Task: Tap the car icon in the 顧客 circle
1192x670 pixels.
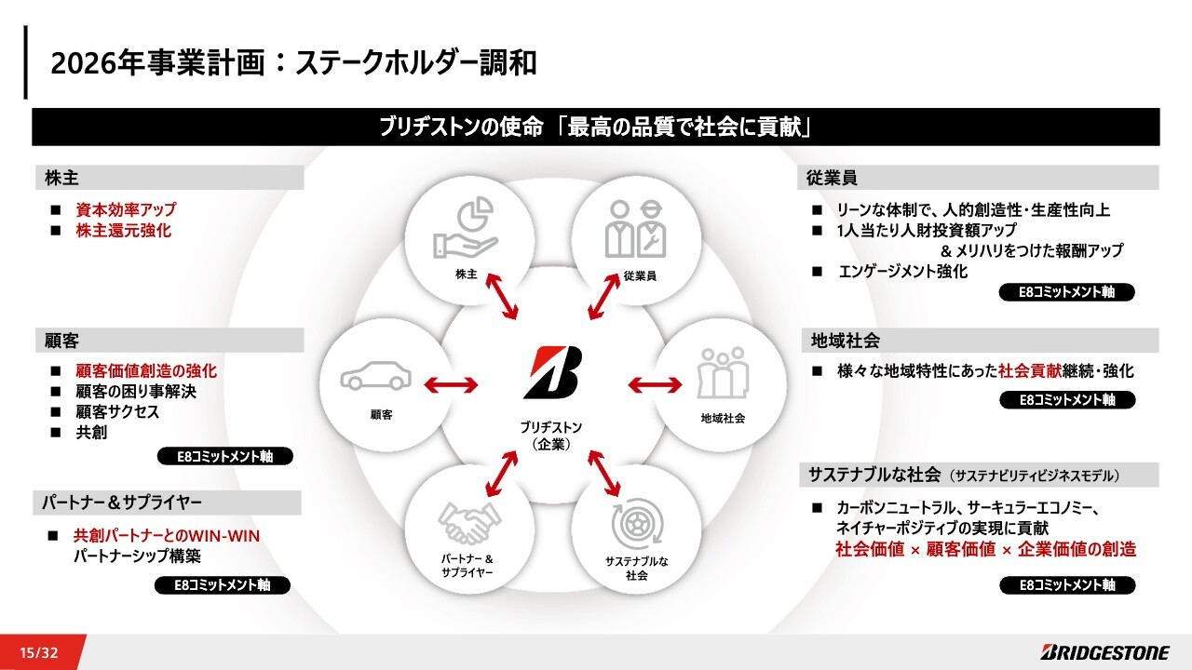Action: pyautogui.click(x=376, y=376)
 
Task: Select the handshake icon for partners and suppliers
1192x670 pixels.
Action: pyautogui.click(x=466, y=523)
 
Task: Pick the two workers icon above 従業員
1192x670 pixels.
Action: pyautogui.click(x=635, y=229)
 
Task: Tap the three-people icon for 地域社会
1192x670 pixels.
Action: pyautogui.click(x=724, y=373)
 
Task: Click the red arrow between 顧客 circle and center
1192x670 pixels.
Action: pyautogui.click(x=452, y=384)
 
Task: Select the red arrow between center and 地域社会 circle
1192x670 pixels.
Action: pyautogui.click(x=655, y=384)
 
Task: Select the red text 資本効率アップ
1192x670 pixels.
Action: pyautogui.click(x=126, y=209)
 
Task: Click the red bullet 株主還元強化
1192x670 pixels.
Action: pyautogui.click(x=124, y=230)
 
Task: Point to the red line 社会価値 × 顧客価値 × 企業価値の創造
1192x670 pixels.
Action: pyautogui.click(x=985, y=549)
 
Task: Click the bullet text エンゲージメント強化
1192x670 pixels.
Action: pyautogui.click(x=902, y=271)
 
